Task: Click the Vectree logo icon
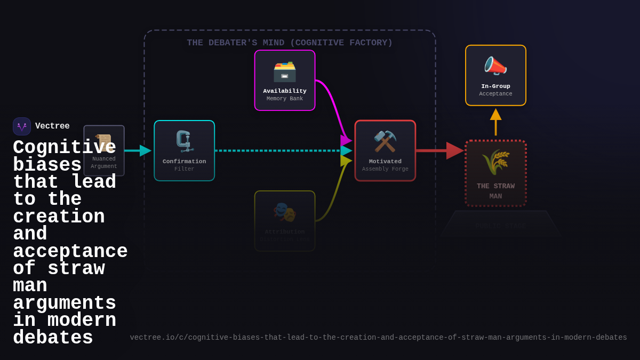[x=22, y=126]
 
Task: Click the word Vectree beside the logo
[x=52, y=126]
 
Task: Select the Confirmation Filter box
[x=185, y=151]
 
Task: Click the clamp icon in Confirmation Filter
[x=185, y=141]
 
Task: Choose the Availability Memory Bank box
[x=285, y=81]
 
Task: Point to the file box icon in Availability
[x=285, y=71]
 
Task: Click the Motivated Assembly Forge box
[x=385, y=151]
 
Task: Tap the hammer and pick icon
[x=385, y=141]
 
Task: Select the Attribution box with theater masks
[x=285, y=221]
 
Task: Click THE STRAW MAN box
[x=495, y=173]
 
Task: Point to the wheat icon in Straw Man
[x=495, y=162]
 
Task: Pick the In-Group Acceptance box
[x=495, y=76]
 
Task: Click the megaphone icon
[x=495, y=66]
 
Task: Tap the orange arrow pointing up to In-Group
[x=495, y=123]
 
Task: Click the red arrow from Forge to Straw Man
[x=437, y=151]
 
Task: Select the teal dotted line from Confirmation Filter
[x=277, y=151]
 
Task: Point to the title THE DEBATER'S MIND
[x=290, y=43]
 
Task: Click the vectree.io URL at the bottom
[x=378, y=338]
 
